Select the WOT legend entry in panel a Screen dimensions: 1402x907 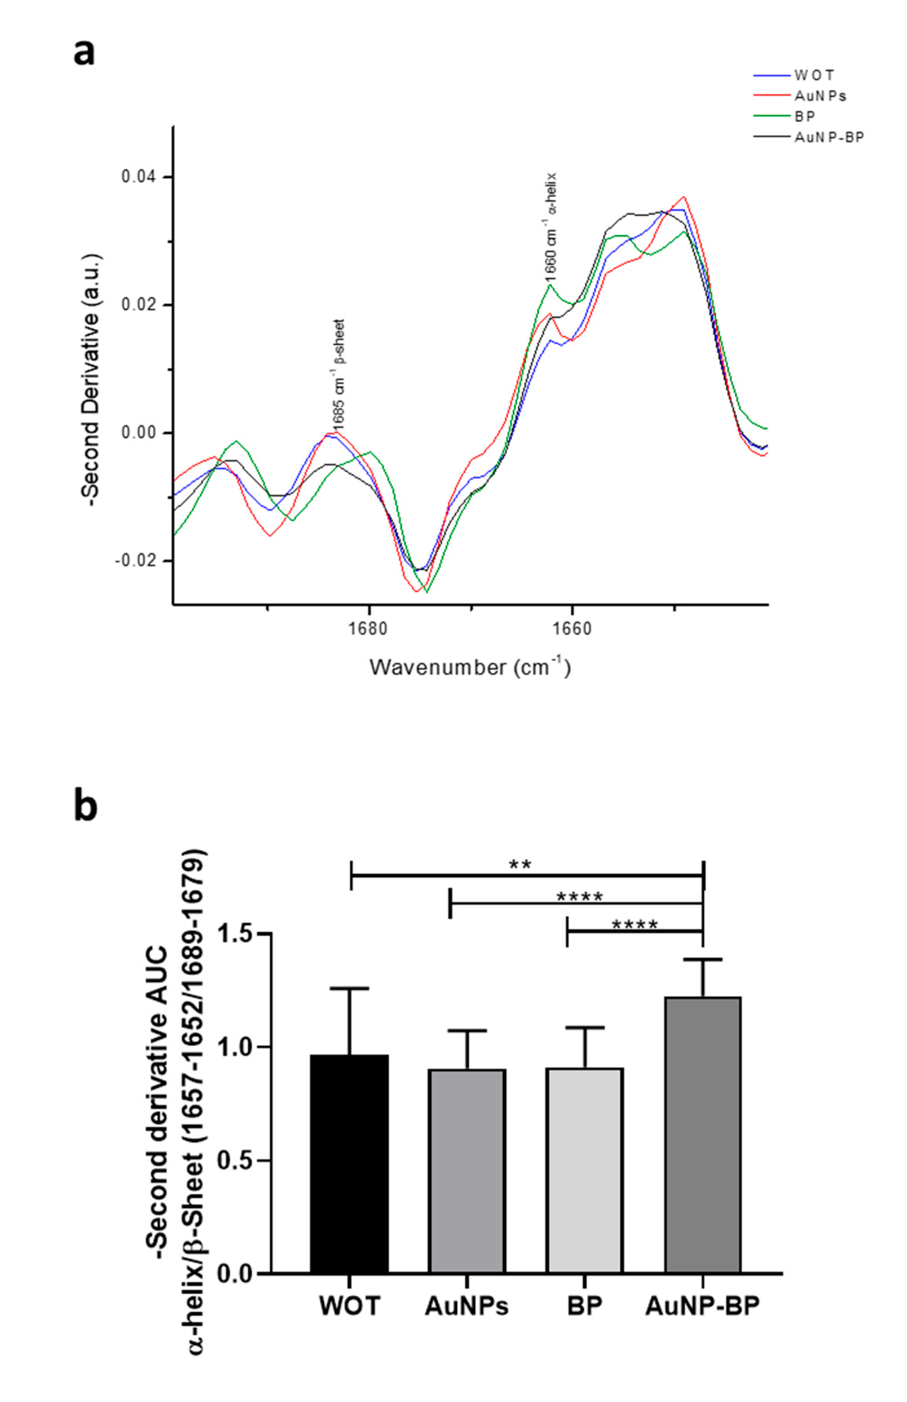click(814, 75)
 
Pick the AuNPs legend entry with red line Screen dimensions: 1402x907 click(820, 95)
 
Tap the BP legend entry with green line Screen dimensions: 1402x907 click(805, 116)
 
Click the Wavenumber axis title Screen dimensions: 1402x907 click(470, 667)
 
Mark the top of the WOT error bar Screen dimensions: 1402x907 click(350, 988)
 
